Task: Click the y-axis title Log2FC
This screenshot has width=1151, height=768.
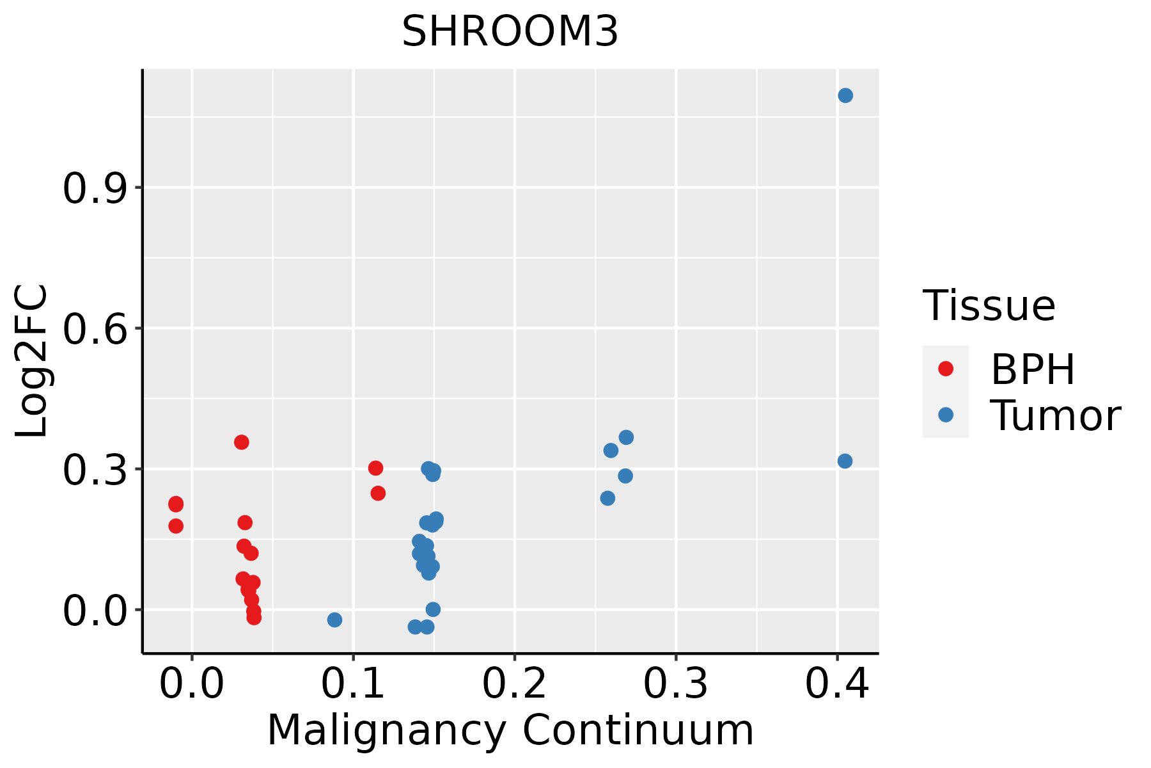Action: (x=32, y=362)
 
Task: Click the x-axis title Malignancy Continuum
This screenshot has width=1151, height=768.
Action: (x=510, y=730)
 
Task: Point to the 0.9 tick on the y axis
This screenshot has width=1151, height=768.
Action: (x=95, y=189)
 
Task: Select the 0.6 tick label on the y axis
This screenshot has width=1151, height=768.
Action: (x=95, y=330)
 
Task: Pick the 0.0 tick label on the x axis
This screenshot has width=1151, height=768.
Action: (x=192, y=684)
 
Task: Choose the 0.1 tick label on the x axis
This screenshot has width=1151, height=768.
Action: (x=353, y=684)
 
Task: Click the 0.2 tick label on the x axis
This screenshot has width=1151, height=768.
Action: (x=514, y=684)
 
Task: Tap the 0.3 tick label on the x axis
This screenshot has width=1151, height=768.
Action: (x=675, y=684)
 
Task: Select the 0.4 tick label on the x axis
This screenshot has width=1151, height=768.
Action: (x=836, y=684)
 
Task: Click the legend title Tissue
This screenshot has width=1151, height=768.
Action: (x=989, y=305)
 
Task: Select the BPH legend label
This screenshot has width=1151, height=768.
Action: (x=1033, y=369)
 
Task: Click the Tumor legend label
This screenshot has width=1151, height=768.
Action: (x=1055, y=415)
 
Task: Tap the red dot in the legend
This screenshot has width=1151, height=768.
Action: (x=945, y=369)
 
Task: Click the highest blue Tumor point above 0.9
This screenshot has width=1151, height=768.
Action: (x=845, y=95)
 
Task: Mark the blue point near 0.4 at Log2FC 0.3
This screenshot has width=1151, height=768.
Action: (x=845, y=461)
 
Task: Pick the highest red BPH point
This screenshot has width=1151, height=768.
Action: (x=241, y=442)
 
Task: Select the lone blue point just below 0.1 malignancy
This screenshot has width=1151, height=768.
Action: (x=334, y=620)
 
